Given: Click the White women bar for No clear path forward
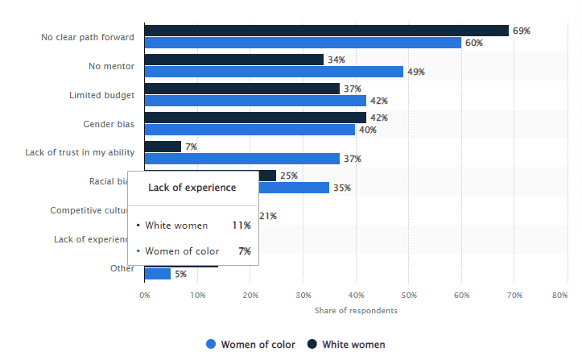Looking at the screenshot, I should (326, 31).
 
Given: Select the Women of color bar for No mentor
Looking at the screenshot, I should (274, 72).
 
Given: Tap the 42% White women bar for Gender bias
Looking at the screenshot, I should (255, 118).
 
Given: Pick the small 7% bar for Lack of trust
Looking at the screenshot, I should (163, 147).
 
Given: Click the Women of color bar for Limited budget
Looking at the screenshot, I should (255, 101).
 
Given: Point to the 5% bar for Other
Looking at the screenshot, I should (158, 274).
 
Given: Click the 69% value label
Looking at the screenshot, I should (522, 31).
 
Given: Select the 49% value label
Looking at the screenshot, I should (416, 72).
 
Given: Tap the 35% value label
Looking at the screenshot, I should (342, 188).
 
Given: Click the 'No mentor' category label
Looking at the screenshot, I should (111, 66).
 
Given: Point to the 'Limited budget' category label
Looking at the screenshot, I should (101, 95).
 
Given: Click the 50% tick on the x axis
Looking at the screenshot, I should (408, 296).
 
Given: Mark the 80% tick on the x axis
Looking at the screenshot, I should (559, 296).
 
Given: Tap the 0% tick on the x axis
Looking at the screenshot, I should (145, 296).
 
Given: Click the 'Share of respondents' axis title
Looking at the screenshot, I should (356, 311).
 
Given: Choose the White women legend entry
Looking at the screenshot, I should (346, 345).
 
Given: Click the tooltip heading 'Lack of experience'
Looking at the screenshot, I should (192, 188).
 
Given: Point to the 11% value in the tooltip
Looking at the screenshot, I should (241, 226).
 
